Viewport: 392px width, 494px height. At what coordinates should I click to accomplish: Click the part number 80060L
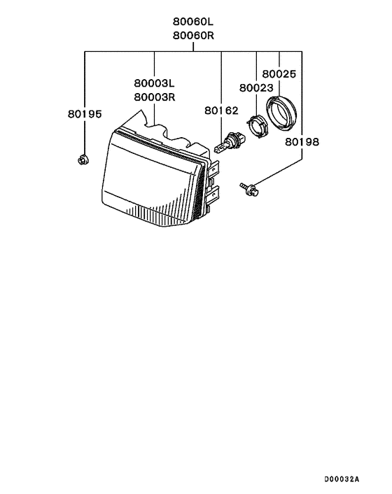[x=193, y=22]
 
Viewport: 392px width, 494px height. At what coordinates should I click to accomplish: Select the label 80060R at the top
[x=193, y=35]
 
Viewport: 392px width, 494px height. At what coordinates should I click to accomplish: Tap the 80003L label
[x=154, y=83]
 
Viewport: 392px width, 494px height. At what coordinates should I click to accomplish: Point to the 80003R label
[x=155, y=97]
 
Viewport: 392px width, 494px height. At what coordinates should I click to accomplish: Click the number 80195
[x=85, y=114]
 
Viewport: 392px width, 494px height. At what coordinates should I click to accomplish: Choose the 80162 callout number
[x=221, y=111]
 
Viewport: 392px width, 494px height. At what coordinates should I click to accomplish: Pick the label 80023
[x=256, y=87]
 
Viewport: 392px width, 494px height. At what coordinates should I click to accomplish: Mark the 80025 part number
[x=279, y=73]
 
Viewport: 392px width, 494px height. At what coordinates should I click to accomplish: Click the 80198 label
[x=302, y=141]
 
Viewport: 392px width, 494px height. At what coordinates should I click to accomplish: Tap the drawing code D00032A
[x=342, y=479]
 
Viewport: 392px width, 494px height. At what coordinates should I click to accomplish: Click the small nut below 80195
[x=83, y=160]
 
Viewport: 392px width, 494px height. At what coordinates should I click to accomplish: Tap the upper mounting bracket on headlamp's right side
[x=213, y=169]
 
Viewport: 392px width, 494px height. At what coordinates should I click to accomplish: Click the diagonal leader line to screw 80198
[x=277, y=172]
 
